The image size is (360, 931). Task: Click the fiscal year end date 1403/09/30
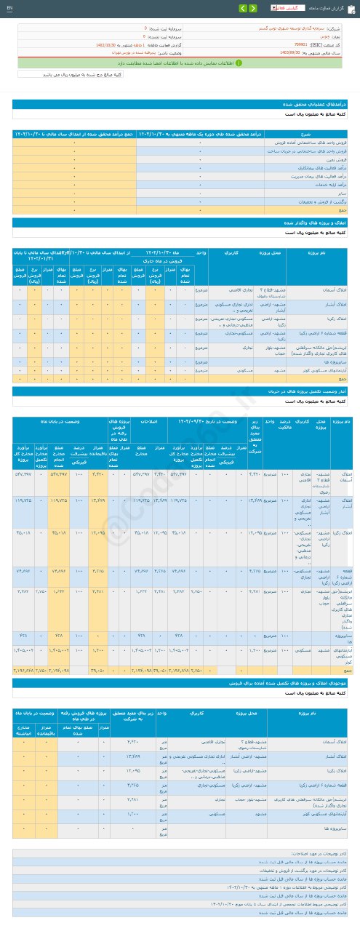[292, 52]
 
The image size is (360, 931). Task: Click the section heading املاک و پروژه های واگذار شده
[313, 222]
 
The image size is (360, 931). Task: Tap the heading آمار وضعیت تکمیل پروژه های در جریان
[306, 391]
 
